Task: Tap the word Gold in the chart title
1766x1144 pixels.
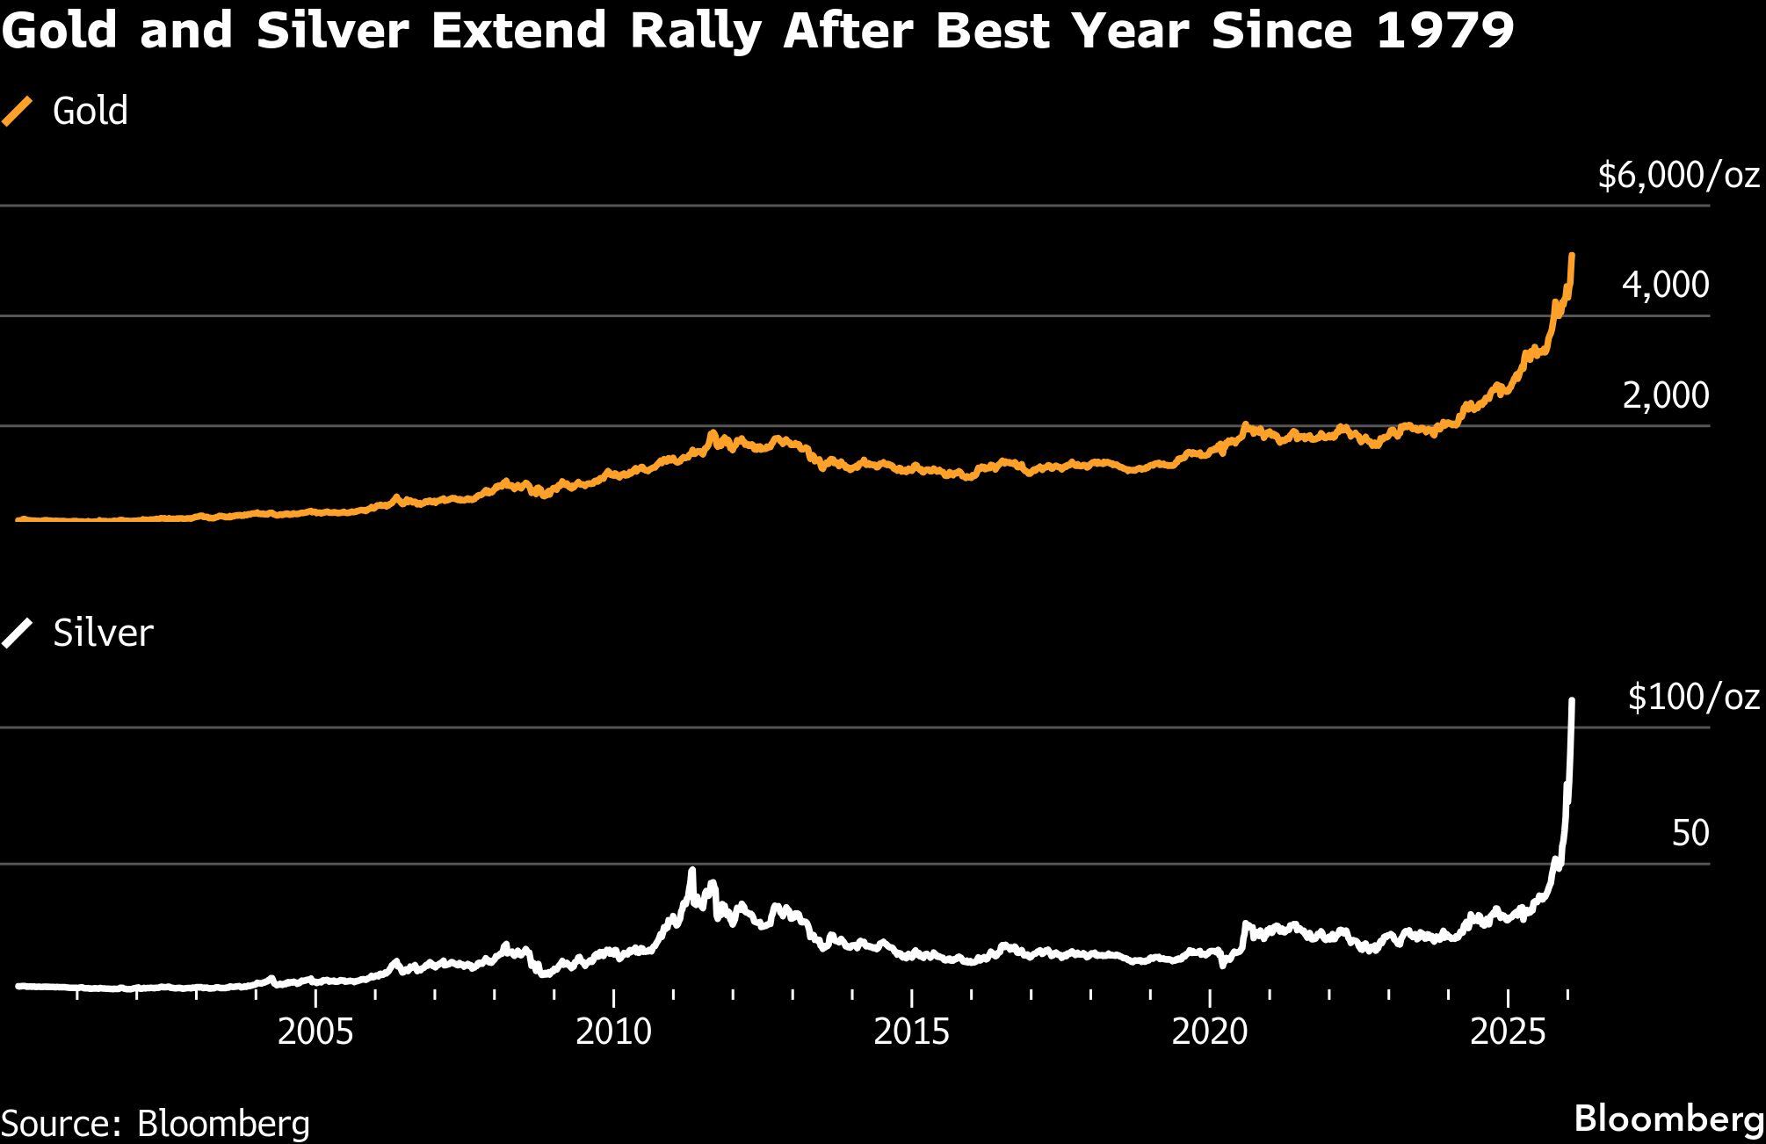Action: tap(60, 32)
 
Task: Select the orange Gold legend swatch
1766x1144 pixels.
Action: tap(18, 112)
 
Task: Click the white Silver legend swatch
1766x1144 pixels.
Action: tap(18, 633)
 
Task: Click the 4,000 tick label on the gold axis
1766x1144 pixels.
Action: tap(1665, 285)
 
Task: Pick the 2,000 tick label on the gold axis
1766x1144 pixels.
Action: tap(1665, 395)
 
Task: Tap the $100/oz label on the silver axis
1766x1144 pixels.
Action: tap(1693, 697)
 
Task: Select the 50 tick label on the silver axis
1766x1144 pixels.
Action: tap(1690, 833)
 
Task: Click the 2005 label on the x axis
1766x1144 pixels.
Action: tap(315, 1032)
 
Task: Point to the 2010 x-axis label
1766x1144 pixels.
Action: tap(613, 1032)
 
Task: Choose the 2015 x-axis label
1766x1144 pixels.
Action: tap(911, 1032)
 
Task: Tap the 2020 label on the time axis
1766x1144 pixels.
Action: tap(1209, 1032)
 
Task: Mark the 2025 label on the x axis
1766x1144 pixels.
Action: tap(1508, 1032)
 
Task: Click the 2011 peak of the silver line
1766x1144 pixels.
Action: tap(691, 872)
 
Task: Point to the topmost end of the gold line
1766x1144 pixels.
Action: tap(1571, 256)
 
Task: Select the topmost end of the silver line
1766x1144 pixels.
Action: tap(1571, 700)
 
